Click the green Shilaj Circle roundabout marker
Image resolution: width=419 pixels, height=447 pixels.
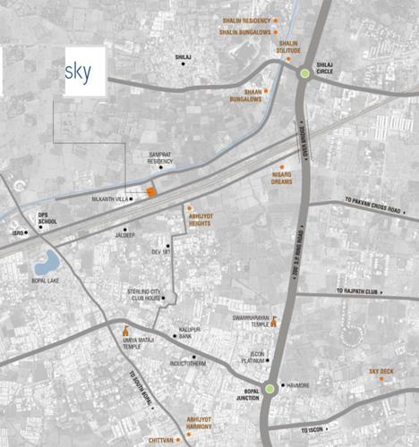click(x=305, y=73)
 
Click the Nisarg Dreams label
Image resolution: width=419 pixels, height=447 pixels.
click(x=283, y=179)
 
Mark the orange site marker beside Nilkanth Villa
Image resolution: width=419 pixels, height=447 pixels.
click(x=151, y=190)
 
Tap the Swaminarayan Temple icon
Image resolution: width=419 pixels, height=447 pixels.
click(x=274, y=323)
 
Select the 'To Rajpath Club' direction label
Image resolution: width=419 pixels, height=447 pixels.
click(x=364, y=291)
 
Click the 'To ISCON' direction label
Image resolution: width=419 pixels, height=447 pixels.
click(x=313, y=430)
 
